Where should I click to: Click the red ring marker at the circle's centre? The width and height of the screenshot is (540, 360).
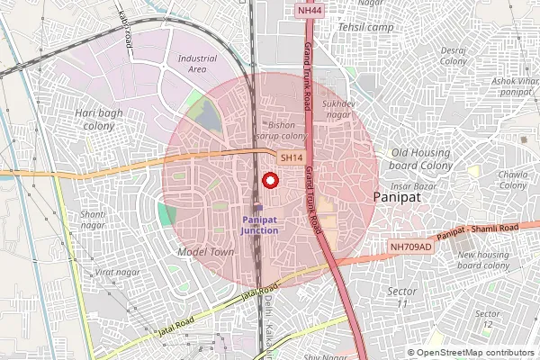pyautogui.click(x=269, y=180)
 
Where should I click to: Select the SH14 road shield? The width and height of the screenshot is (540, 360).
pyautogui.click(x=290, y=157)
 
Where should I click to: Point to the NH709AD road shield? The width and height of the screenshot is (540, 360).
pyautogui.click(x=411, y=246)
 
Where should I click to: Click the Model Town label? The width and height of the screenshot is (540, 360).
pyautogui.click(x=206, y=252)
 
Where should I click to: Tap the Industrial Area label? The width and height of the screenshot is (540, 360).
pyautogui.click(x=198, y=63)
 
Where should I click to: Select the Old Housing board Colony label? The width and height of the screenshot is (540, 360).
pyautogui.click(x=422, y=158)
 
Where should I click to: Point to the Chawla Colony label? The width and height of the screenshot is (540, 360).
pyautogui.click(x=513, y=179)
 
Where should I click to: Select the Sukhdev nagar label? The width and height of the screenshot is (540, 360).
pyautogui.click(x=337, y=109)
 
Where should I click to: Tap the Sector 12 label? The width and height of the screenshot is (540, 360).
pyautogui.click(x=487, y=319)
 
